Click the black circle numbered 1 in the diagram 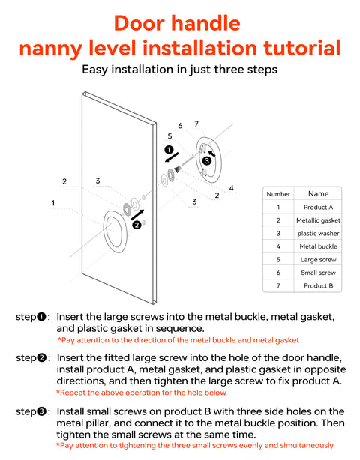pos(169,150)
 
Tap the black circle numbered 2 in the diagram pos(136,225)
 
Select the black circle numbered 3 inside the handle pos(207,161)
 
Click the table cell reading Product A pos(318,207)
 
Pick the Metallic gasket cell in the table pos(318,220)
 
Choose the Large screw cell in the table pos(318,260)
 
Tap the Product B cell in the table pos(318,285)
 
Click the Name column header pos(318,193)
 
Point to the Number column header pos(278,194)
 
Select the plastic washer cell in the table pos(318,234)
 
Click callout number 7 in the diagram pos(196,124)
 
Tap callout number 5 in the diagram pos(169,136)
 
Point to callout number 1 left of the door pos(52,203)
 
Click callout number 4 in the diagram pos(232,188)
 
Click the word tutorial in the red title pos(302,48)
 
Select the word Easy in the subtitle pos(94,70)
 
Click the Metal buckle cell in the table pos(318,246)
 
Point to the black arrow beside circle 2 pos(137,215)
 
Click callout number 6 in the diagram pos(180,126)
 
